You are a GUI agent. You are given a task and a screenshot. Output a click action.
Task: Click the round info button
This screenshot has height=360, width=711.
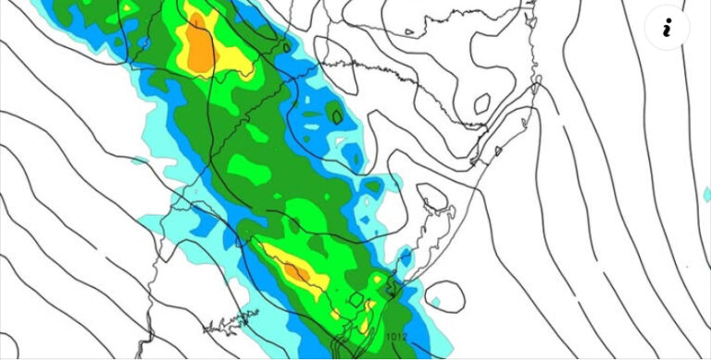tap(667, 29)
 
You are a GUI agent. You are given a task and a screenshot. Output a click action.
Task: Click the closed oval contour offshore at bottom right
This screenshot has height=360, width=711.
tap(444, 295)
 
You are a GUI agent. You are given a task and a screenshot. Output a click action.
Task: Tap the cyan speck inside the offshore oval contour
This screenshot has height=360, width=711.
tap(434, 302)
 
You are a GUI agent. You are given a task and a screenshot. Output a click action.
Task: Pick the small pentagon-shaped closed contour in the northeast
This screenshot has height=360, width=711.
tap(481, 103)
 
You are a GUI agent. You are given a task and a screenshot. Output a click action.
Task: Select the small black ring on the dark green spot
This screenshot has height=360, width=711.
tap(337, 116)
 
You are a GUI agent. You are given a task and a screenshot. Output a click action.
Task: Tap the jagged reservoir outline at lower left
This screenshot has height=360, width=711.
tap(231, 322)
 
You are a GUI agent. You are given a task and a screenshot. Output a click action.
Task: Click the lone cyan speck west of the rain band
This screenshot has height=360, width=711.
tap(138, 161)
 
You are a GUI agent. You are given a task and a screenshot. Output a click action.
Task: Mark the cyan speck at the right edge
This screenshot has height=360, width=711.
tap(705, 193)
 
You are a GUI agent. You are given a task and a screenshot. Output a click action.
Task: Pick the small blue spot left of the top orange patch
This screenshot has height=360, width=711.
tap(144, 42)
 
